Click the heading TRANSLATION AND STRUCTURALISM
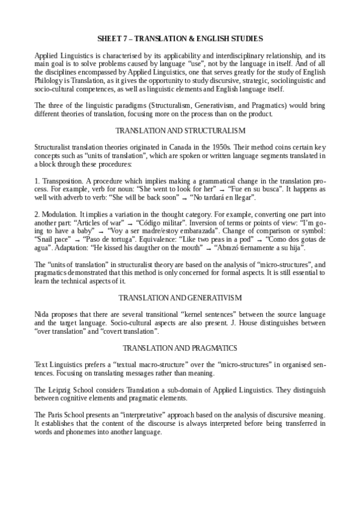tap(180, 131)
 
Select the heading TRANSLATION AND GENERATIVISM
tap(180, 298)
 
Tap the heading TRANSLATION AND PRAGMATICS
tap(180, 348)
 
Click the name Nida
tap(42, 315)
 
